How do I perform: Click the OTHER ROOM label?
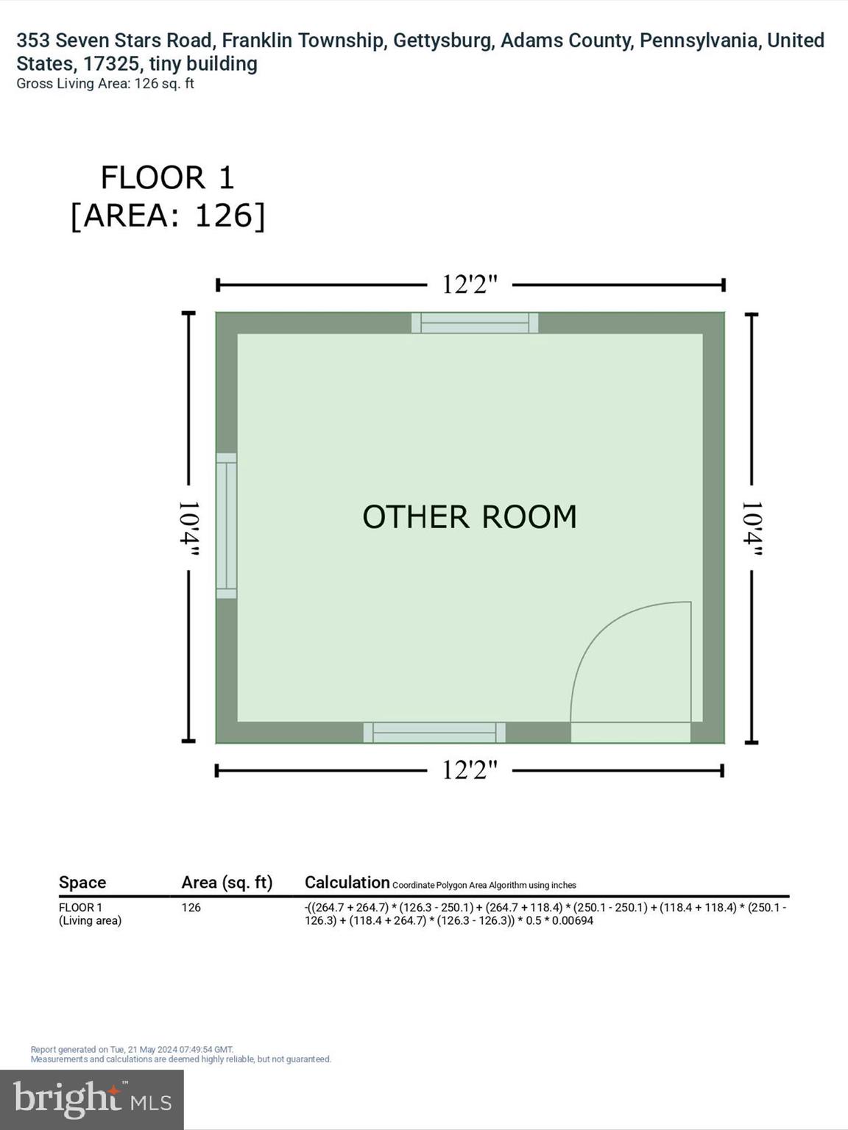[x=469, y=517]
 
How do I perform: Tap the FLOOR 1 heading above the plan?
[x=167, y=178]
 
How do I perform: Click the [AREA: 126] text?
[x=167, y=216]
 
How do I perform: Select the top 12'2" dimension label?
[x=470, y=285]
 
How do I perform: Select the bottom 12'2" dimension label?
[x=470, y=770]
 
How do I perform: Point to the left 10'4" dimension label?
[x=188, y=528]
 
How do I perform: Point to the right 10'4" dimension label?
[x=751, y=528]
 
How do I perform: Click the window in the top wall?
[x=475, y=323]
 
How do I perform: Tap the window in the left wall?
[x=226, y=525]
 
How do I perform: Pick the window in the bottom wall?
[x=434, y=733]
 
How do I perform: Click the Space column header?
[x=82, y=883]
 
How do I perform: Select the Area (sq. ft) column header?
[x=227, y=883]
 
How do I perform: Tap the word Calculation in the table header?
[x=347, y=883]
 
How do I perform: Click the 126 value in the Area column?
[x=191, y=908]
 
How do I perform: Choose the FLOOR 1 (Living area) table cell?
[x=90, y=914]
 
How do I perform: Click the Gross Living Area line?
[x=105, y=84]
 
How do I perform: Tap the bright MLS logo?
[x=92, y=1100]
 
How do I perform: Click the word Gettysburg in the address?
[x=442, y=40]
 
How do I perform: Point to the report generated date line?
[x=132, y=1050]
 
